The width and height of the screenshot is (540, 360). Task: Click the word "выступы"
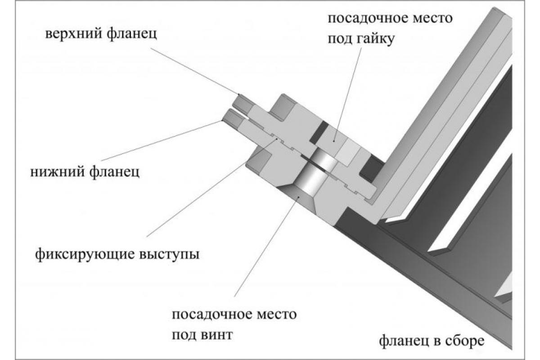tap(168, 254)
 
